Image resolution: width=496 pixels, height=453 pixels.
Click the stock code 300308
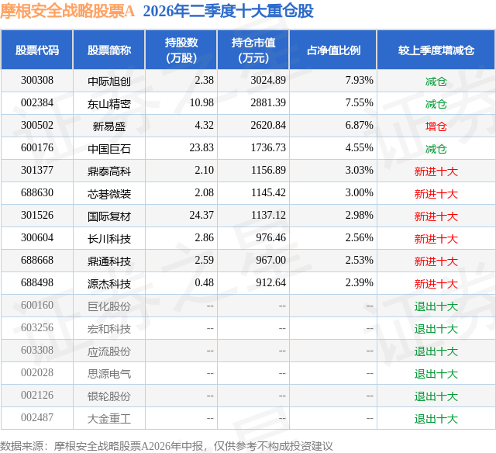click(x=37, y=81)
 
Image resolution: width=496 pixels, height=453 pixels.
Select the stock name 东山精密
click(x=109, y=104)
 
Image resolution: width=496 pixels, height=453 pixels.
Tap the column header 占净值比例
click(x=333, y=50)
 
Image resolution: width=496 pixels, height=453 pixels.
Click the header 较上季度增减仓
click(x=436, y=50)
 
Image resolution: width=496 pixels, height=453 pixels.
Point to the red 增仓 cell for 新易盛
click(x=436, y=126)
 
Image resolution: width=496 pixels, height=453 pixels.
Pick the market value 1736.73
click(x=268, y=148)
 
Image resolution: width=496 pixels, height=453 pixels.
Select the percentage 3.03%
click(x=359, y=171)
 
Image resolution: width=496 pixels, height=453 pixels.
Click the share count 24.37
click(x=201, y=216)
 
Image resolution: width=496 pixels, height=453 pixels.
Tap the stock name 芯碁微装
click(x=109, y=194)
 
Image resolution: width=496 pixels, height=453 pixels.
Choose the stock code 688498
click(x=37, y=282)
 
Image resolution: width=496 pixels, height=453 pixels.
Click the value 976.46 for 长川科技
click(x=270, y=237)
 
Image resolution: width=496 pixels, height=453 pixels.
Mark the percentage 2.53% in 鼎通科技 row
click(x=359, y=260)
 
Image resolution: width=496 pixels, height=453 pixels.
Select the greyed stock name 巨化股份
click(x=109, y=306)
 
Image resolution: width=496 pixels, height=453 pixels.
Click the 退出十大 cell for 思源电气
click(x=436, y=374)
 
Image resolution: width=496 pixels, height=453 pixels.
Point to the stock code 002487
click(x=37, y=417)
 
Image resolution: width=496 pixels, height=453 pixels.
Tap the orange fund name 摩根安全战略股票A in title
click(x=67, y=11)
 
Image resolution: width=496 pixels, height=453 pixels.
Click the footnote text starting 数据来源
click(x=167, y=446)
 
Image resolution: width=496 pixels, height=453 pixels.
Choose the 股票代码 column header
click(x=37, y=50)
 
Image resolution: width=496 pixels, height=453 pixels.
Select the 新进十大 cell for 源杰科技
click(x=436, y=284)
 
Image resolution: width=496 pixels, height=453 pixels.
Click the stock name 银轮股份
click(x=109, y=396)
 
